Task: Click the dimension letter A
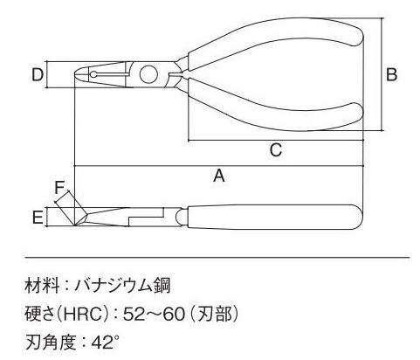coord(219,176)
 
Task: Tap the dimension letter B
coord(391,74)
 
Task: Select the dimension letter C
coord(275,150)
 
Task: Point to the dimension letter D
coord(38,74)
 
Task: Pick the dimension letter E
coord(38,218)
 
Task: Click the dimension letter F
coord(59,187)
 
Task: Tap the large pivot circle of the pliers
coord(148,74)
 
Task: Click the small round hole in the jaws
coord(93,74)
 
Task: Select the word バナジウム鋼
coord(122,285)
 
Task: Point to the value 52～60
coord(154,314)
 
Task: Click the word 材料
coord(42,285)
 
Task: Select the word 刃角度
coord(51,343)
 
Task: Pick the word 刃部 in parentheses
coord(215,314)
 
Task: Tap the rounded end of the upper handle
coord(360,34)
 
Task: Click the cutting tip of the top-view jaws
coord(76,74)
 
